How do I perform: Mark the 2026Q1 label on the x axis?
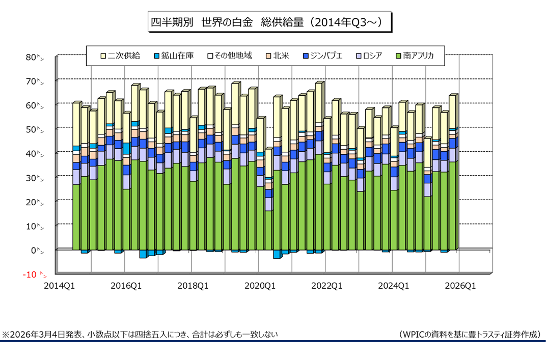coord(460,286)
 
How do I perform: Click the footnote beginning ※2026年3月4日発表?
coord(140,335)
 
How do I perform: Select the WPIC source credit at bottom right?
coord(470,335)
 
